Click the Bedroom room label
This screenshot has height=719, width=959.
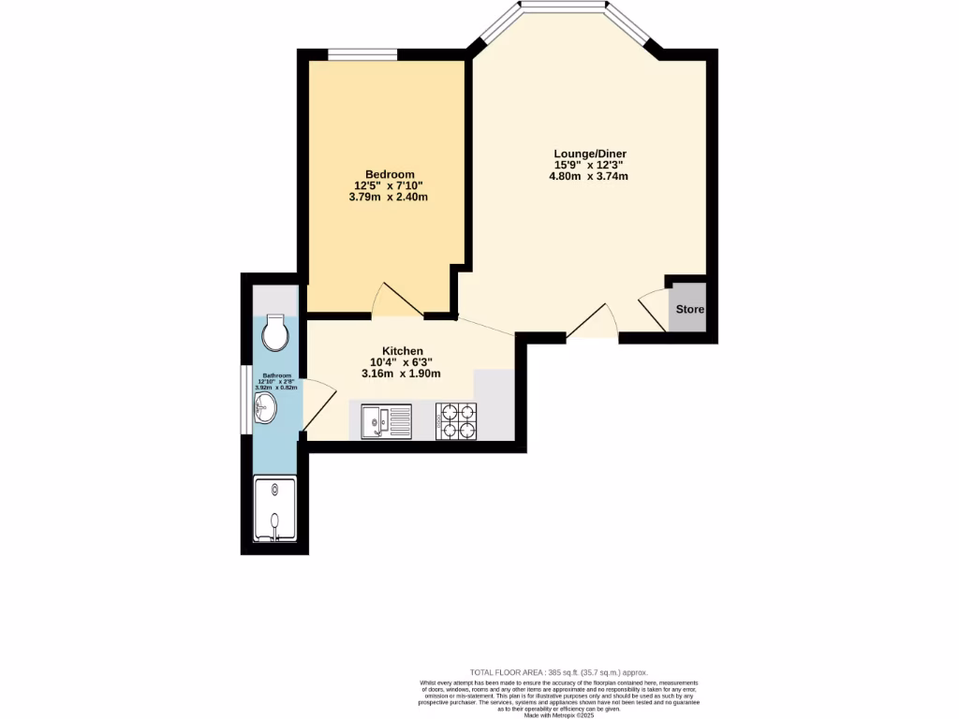click(x=390, y=174)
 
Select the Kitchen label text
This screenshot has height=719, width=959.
click(x=402, y=350)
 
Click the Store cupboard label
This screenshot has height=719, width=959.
click(x=690, y=310)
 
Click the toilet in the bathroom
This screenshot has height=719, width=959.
click(x=275, y=330)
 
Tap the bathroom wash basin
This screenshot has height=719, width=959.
click(x=265, y=406)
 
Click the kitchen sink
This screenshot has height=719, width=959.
click(x=387, y=420)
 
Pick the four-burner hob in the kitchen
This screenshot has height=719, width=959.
click(x=456, y=420)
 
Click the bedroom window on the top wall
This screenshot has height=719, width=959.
click(x=361, y=56)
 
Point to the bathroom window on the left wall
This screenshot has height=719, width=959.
click(x=243, y=401)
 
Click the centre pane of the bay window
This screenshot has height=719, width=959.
click(x=563, y=6)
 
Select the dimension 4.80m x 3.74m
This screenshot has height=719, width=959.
click(x=588, y=175)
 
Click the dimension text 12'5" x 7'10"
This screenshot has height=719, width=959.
click(x=390, y=185)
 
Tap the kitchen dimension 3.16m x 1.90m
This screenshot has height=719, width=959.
click(x=402, y=373)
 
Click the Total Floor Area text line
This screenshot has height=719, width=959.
click(x=558, y=672)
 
